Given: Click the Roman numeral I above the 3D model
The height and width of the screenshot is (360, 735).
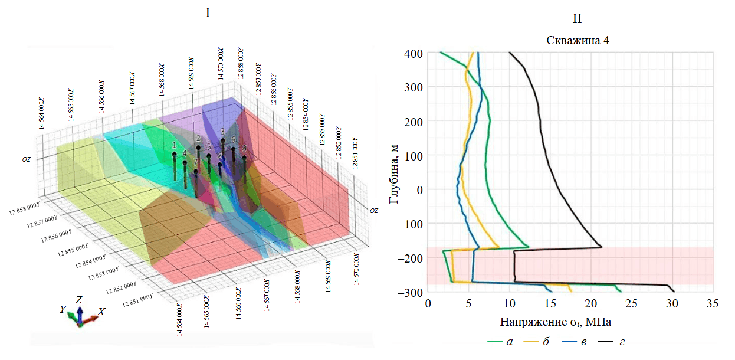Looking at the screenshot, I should (207, 12).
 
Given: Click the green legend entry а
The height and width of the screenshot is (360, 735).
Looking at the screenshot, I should (500, 341).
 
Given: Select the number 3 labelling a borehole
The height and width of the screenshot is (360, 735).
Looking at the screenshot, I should (222, 132).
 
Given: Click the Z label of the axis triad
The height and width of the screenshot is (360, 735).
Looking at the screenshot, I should (78, 300).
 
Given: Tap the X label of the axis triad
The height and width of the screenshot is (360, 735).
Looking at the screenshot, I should (101, 312).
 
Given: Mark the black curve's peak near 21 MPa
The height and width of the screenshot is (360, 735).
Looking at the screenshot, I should (601, 246).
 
